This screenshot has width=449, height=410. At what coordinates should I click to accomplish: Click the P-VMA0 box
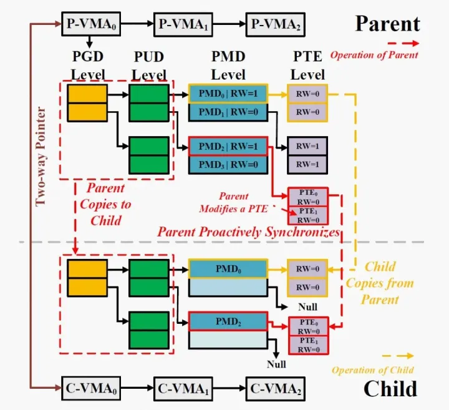(91, 24)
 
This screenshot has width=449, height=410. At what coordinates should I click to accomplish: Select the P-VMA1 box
(183, 24)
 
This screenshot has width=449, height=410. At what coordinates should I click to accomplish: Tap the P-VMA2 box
(276, 24)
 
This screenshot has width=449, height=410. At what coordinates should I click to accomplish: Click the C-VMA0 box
(91, 389)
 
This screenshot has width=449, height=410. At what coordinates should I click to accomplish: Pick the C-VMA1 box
(183, 389)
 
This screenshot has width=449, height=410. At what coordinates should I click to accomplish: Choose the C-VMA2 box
(276, 389)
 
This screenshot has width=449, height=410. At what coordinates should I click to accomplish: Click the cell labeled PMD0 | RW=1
(228, 94)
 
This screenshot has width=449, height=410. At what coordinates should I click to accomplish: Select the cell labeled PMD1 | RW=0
(228, 112)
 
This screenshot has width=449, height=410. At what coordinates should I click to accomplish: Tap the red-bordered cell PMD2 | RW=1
(228, 147)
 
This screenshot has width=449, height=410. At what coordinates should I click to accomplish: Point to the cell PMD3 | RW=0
(228, 165)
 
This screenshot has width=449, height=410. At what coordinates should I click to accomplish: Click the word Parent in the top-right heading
(387, 24)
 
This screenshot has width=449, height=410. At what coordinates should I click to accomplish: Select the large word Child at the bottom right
(390, 389)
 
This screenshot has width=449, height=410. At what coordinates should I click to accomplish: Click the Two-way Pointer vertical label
(41, 157)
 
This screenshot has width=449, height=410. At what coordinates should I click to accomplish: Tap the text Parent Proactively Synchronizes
(249, 232)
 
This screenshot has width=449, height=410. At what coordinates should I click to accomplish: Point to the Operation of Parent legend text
(374, 55)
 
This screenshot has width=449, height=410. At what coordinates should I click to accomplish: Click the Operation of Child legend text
(372, 370)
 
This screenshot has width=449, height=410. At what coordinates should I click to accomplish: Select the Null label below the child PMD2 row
(276, 364)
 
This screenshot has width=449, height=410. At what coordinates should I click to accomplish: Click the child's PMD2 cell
(228, 321)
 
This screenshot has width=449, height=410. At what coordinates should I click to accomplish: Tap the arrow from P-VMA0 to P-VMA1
(137, 24)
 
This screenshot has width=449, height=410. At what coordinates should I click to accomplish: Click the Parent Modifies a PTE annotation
(233, 203)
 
